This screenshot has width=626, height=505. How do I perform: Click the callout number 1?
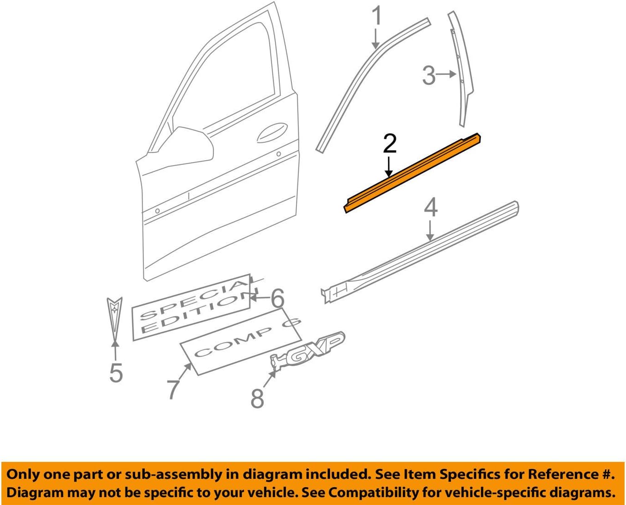(376, 17)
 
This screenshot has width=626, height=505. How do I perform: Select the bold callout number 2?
(389, 144)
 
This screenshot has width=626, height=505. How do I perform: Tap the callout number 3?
(428, 75)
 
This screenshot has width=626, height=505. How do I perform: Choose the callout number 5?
(116, 372)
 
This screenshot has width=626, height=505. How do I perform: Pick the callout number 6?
(278, 298)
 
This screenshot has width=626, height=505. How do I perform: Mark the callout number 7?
(173, 389)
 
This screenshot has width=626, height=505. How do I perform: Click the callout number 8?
(257, 398)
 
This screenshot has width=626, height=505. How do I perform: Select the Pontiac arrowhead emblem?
(114, 317)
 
